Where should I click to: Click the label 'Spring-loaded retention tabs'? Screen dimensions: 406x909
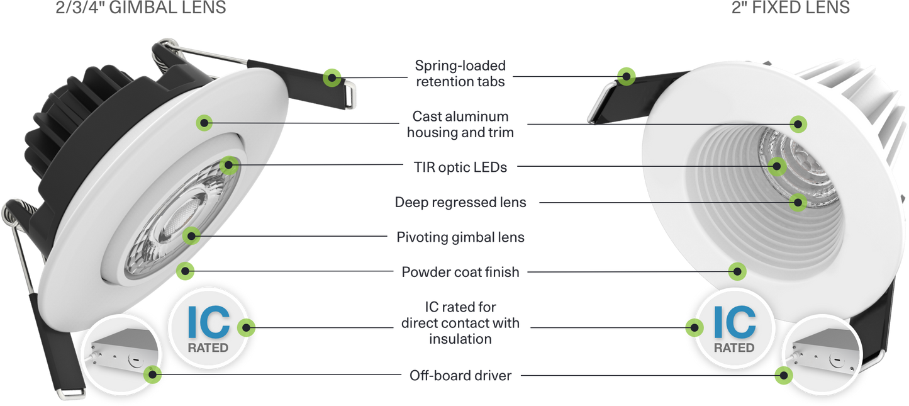click(460, 74)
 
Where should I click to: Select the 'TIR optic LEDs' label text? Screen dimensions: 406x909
click(460, 167)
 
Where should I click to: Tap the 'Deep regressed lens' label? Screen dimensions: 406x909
click(460, 203)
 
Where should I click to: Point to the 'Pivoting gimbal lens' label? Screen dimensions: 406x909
click(460, 238)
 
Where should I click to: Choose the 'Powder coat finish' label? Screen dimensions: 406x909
click(460, 273)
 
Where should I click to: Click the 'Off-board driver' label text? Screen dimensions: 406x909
click(460, 376)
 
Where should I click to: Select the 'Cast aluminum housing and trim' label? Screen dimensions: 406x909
click(460, 124)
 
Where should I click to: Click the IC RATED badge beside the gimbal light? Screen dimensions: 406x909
click(208, 327)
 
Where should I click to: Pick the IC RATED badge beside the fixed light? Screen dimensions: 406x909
click(734, 328)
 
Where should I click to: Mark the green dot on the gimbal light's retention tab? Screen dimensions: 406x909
click(332, 77)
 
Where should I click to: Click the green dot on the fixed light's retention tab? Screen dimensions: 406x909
click(625, 76)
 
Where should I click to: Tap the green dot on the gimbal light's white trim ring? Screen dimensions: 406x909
click(203, 122)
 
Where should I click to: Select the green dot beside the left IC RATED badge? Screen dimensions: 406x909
click(247, 327)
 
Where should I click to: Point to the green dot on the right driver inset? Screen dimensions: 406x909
click(783, 376)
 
